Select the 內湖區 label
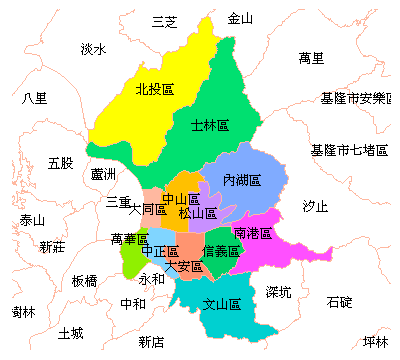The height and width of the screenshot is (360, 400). point(242,181)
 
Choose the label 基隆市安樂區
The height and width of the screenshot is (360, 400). point(357,98)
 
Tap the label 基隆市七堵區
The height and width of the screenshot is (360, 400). point(349,150)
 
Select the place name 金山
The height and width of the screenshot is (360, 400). point(241,18)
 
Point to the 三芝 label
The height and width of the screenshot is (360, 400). point(164,21)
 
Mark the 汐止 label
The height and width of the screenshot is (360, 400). point(315,206)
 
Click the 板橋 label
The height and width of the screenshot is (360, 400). point(85,281)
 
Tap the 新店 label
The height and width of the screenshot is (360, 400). point(152,342)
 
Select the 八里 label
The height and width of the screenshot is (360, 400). point(34,98)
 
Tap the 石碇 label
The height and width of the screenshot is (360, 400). point(339,301)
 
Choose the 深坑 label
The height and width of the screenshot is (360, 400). point(279,292)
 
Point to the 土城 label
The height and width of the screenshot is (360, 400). point(71,332)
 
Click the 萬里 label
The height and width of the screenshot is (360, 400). point(311,58)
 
